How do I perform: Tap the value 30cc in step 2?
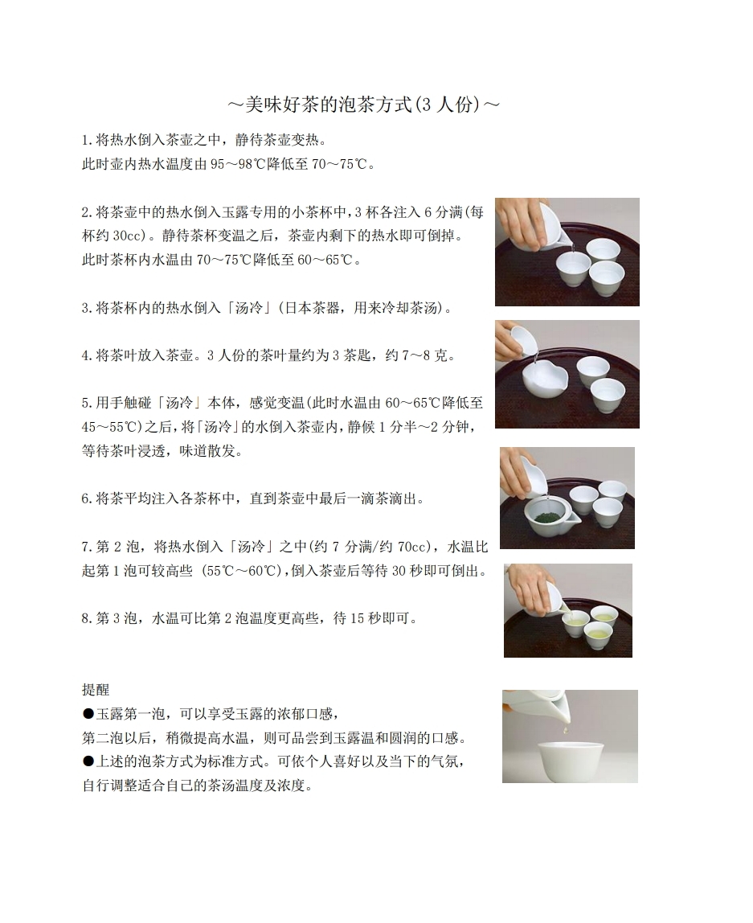click(x=127, y=236)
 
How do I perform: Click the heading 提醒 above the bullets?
click(x=96, y=690)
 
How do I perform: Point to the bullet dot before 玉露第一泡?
click(x=88, y=714)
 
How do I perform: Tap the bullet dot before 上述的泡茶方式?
click(x=88, y=761)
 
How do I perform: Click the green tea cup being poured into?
click(x=576, y=623)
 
